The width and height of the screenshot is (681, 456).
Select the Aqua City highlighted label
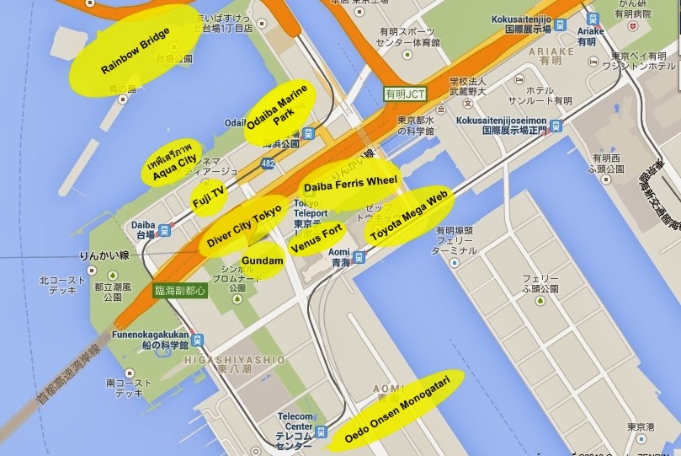[172, 161]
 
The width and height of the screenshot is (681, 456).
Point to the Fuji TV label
[208, 196]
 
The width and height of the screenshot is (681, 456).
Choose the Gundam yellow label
[262, 261]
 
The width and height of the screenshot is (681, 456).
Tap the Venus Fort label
[316, 239]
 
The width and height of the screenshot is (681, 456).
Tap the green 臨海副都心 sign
[178, 289]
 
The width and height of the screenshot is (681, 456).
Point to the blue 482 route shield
[268, 164]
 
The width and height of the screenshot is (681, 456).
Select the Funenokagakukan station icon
[197, 340]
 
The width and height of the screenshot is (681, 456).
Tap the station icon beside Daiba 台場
[167, 228]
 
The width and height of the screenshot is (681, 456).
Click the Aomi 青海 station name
[338, 256]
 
